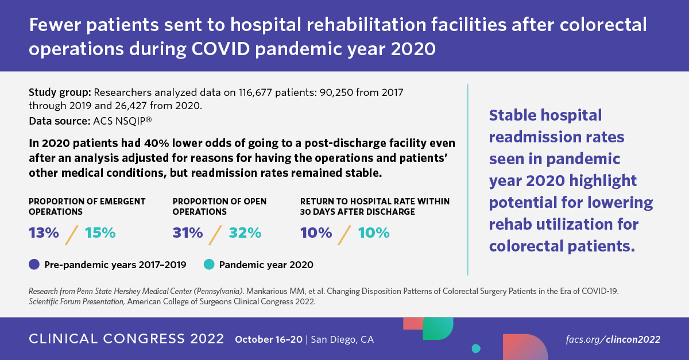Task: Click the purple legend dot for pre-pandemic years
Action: tap(34, 265)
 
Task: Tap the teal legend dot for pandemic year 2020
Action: tap(209, 265)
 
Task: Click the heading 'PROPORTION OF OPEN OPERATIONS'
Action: tap(219, 206)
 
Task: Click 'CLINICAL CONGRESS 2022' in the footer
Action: tap(126, 339)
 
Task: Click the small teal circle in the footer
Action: tap(475, 348)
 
